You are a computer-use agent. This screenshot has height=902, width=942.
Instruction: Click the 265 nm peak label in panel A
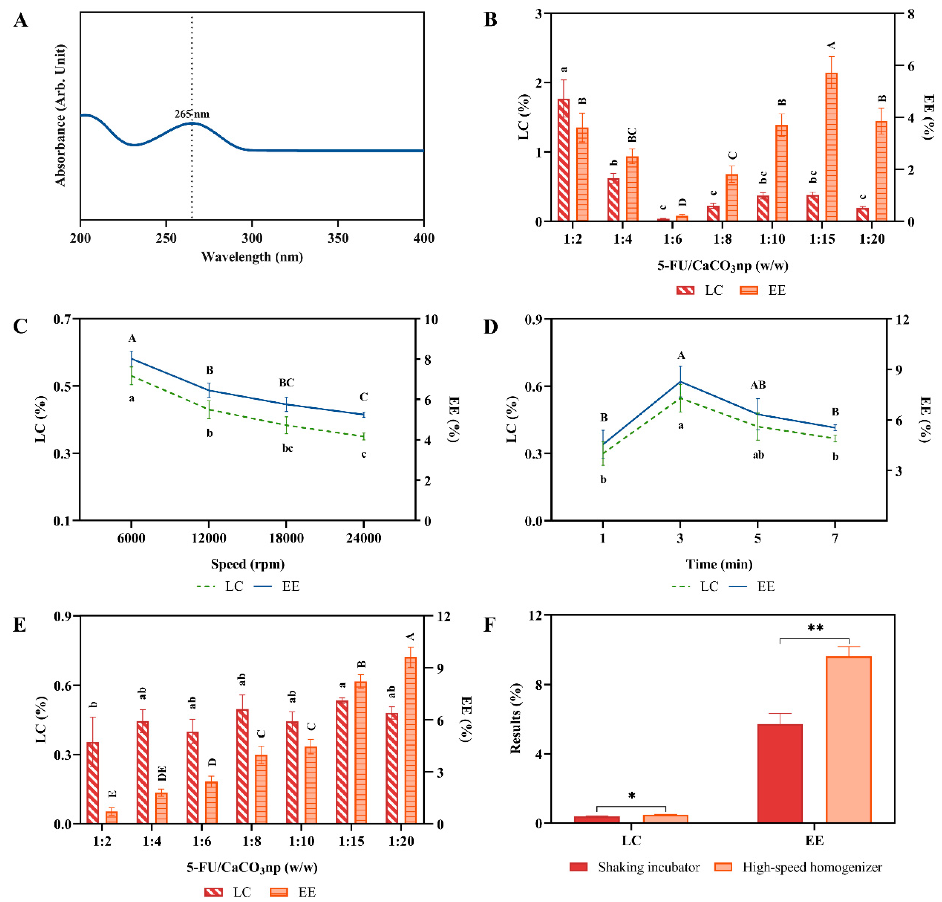click(x=192, y=114)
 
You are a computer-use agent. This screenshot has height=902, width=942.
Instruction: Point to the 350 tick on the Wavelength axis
click(x=338, y=238)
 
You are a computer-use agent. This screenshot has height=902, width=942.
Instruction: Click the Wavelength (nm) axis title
click(x=252, y=257)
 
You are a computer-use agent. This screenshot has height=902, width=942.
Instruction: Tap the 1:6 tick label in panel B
click(x=672, y=239)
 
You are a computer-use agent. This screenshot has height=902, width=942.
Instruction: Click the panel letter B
click(x=490, y=20)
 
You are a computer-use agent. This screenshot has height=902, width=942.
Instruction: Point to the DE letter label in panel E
click(x=162, y=773)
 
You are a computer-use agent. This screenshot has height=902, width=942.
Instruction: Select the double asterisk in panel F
click(x=815, y=628)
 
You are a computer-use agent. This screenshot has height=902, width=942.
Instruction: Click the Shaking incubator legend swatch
click(x=579, y=867)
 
